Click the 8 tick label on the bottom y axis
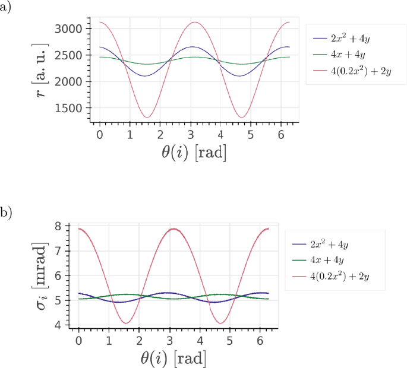[58, 226]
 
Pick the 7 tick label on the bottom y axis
[58, 251]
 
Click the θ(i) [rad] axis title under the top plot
[193, 152]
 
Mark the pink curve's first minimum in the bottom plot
[125, 323]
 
